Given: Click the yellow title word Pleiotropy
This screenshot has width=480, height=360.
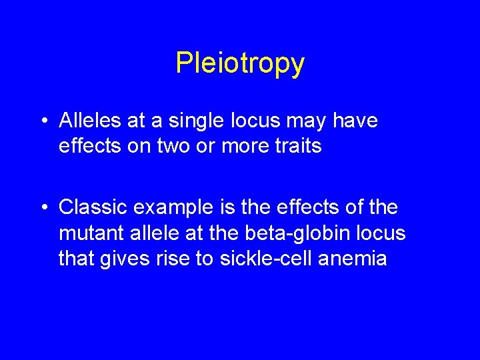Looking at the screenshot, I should (x=240, y=64).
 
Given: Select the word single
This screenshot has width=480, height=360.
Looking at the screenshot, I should (x=189, y=121).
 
